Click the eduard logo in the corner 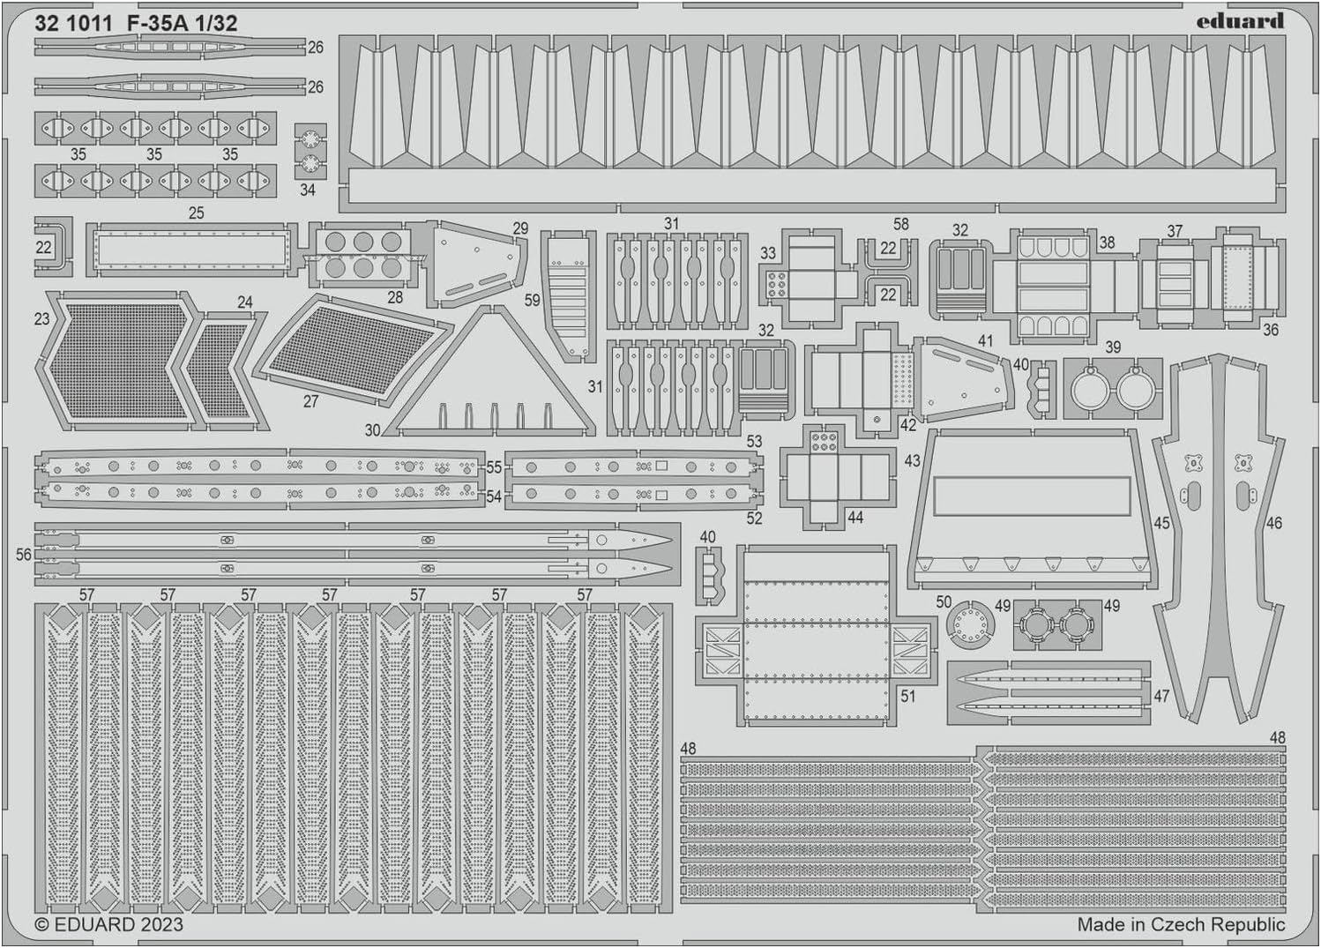pyautogui.click(x=1239, y=20)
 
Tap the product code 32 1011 pyautogui.click(x=73, y=24)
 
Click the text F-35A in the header pyautogui.click(x=157, y=24)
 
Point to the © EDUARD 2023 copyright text pyautogui.click(x=108, y=924)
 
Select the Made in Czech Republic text pyautogui.click(x=1181, y=924)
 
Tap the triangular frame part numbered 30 pyautogui.click(x=494, y=379)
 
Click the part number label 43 pyautogui.click(x=912, y=460)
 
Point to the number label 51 pyautogui.click(x=907, y=697)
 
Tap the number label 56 pyautogui.click(x=23, y=555)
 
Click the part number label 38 pyautogui.click(x=1107, y=242)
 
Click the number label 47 pyautogui.click(x=1161, y=696)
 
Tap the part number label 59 pyautogui.click(x=532, y=300)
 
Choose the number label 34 pyautogui.click(x=307, y=190)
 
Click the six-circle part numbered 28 pyautogui.click(x=362, y=254)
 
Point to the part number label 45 pyautogui.click(x=1161, y=523)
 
